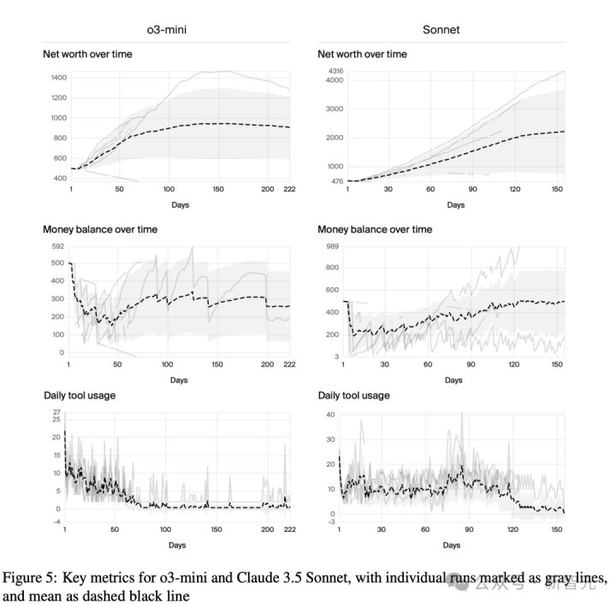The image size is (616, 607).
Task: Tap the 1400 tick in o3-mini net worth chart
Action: (x=58, y=78)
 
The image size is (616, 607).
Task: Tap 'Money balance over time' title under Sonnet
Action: (x=375, y=229)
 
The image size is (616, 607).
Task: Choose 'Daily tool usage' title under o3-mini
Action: (x=80, y=395)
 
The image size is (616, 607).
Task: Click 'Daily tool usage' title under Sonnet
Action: (x=353, y=395)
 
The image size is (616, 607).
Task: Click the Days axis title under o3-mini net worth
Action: (x=179, y=205)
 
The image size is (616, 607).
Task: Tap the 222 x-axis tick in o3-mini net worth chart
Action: (x=289, y=189)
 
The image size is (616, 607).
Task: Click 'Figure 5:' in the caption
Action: (x=27, y=575)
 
